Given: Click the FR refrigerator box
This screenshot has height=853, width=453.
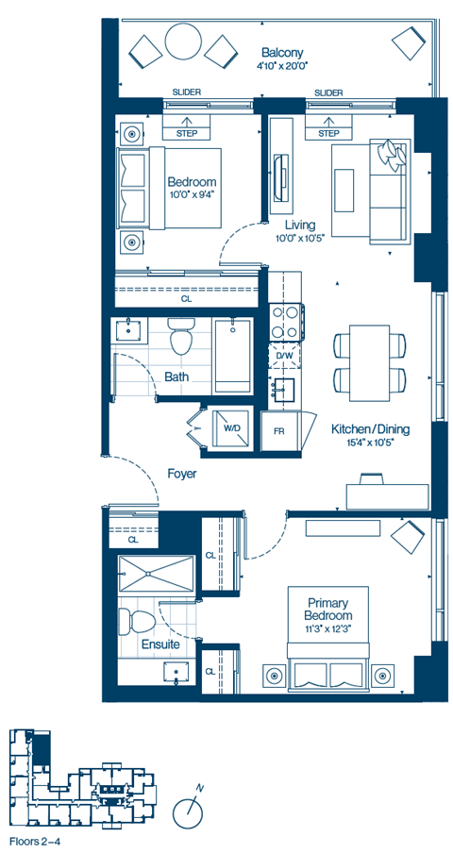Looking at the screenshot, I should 279,431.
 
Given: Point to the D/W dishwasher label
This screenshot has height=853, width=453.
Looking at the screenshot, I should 284,356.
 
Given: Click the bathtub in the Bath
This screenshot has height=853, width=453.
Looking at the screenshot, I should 232,356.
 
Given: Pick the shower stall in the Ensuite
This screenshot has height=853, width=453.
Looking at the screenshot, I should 155,573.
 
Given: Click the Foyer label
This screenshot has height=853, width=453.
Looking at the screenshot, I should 182,474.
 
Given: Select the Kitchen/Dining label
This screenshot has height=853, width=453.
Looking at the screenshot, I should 370,429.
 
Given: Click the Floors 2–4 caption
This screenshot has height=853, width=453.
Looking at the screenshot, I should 37,840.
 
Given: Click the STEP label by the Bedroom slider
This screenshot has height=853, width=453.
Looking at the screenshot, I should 187,134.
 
